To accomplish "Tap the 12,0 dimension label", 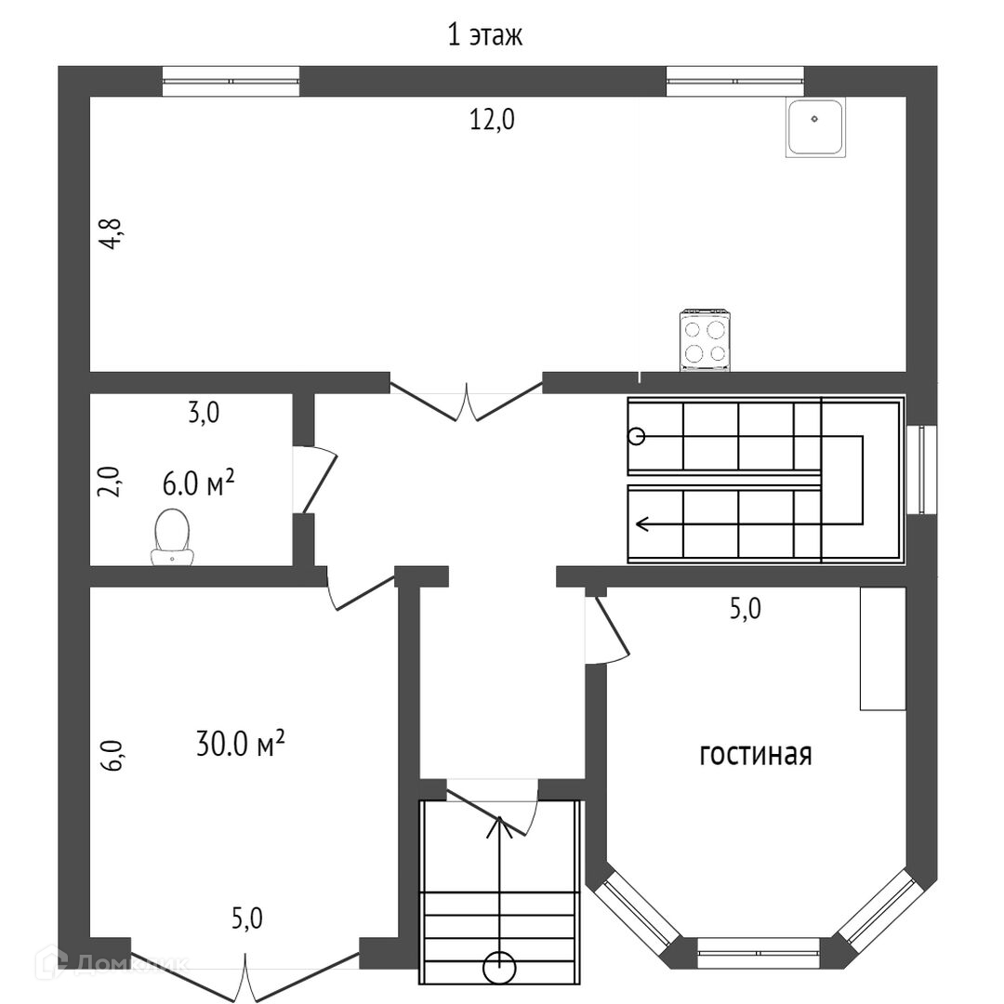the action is [492, 120].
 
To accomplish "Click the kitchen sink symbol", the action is [815, 127].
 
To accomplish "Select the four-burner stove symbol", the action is [705, 341].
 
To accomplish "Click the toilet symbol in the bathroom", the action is [172, 537].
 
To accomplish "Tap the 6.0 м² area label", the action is [199, 483].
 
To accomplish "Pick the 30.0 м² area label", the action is [240, 744].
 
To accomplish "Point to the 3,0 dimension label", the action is [204, 413].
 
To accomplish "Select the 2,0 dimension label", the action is [109, 482].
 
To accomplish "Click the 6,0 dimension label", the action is [111, 756].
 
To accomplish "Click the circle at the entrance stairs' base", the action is [499, 967].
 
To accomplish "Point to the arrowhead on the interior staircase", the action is [642, 525].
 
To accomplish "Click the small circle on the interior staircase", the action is [637, 437].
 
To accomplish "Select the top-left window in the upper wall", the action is [231, 81].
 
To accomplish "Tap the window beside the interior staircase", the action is [922, 469].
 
